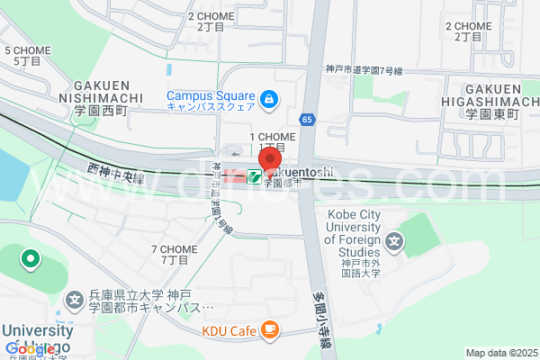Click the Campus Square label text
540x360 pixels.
211,100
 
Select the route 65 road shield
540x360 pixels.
308,119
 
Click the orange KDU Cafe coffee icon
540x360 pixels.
268,330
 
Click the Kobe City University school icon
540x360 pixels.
393,241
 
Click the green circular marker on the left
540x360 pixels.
31,261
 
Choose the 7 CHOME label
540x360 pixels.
174,254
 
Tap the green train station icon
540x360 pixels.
255,176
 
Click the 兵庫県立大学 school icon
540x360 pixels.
76,300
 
